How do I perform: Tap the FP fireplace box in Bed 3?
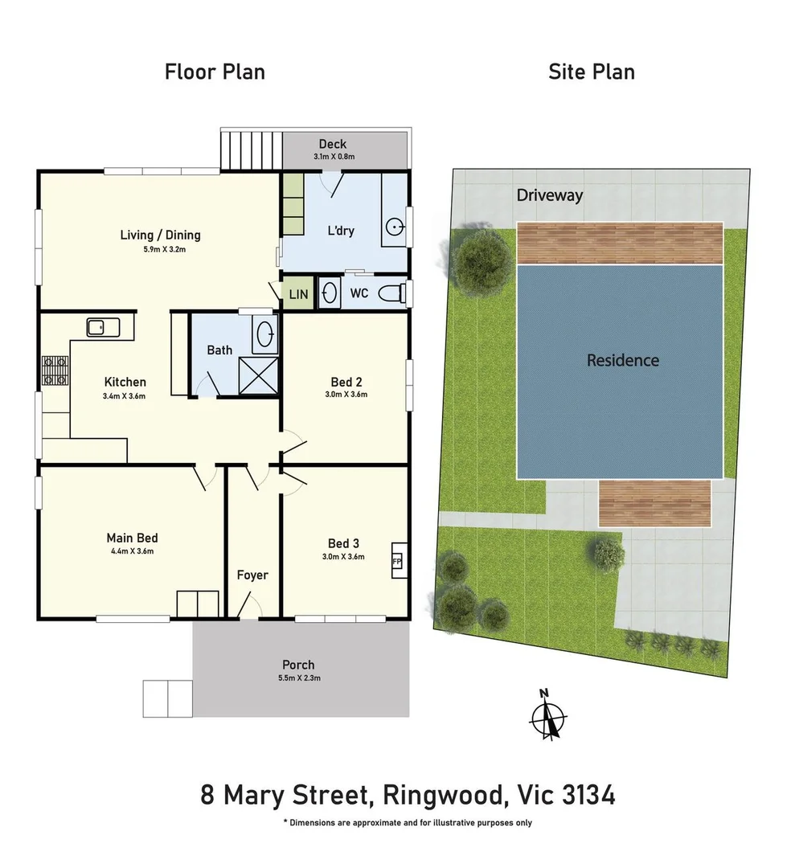coord(397,561)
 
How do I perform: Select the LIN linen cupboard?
coord(298,294)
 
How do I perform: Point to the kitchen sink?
coord(103,327)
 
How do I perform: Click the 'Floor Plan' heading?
coord(215,72)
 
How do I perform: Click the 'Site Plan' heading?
coord(591,72)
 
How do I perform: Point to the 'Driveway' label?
coord(549,195)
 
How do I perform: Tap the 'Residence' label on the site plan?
coord(622,360)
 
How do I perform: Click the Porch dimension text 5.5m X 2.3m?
coord(298,678)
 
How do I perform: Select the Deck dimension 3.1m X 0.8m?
coord(332,157)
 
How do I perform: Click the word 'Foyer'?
coord(252,575)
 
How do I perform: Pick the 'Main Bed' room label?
coord(132,538)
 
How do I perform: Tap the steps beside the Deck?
coord(252,149)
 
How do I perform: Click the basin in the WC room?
coord(330,293)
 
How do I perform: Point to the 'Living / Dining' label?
coord(160,235)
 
